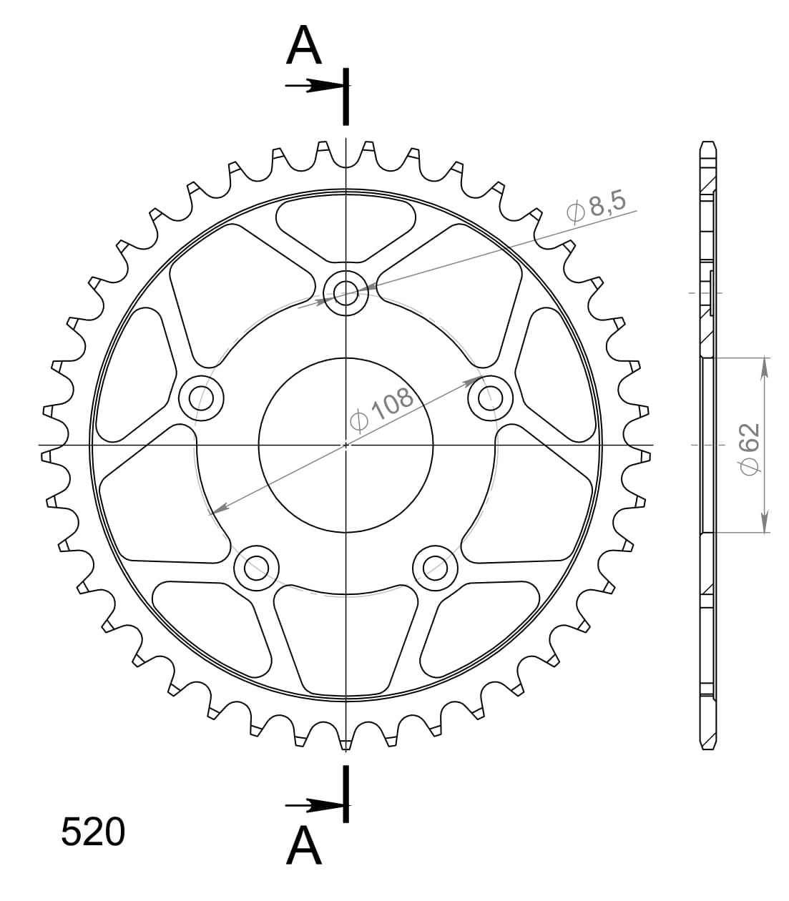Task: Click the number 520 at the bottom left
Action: pyautogui.click(x=93, y=832)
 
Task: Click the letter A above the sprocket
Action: pyautogui.click(x=304, y=47)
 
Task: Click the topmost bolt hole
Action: pyautogui.click(x=346, y=292)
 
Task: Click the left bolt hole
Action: pyautogui.click(x=200, y=397)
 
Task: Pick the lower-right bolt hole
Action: pyautogui.click(x=436, y=568)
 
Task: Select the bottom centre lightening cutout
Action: pyautogui.click(x=346, y=636)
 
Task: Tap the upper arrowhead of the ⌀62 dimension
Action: pyautogui.click(x=765, y=365)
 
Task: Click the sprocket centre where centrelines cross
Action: pyautogui.click(x=346, y=445)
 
